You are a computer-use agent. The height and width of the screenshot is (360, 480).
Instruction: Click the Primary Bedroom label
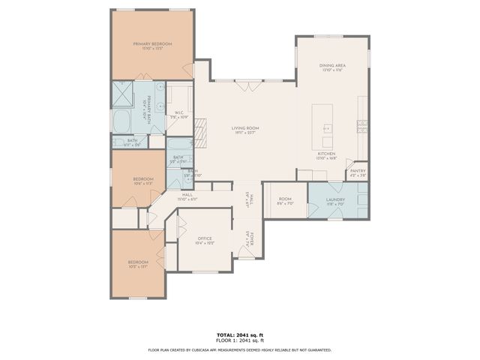pos(153,44)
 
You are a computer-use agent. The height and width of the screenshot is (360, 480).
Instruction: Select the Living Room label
pos(244,128)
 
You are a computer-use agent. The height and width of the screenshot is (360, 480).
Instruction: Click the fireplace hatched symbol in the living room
pos(200,130)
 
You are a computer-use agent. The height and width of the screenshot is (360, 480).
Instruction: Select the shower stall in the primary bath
pos(123,93)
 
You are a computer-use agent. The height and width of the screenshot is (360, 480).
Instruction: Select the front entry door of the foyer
pos(247,257)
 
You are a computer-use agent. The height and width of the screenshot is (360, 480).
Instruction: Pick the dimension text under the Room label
pos(285,203)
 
